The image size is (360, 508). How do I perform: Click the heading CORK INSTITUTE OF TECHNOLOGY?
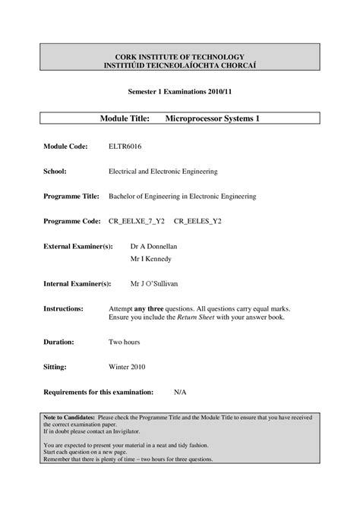point(179,57)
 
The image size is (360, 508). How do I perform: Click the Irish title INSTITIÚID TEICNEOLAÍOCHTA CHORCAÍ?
point(179,66)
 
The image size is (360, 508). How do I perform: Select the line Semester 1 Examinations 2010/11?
point(179,92)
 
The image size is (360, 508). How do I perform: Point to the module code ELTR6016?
point(126,145)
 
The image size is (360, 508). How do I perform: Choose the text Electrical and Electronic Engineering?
point(163,171)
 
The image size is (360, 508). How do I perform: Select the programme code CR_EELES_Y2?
point(201,221)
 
